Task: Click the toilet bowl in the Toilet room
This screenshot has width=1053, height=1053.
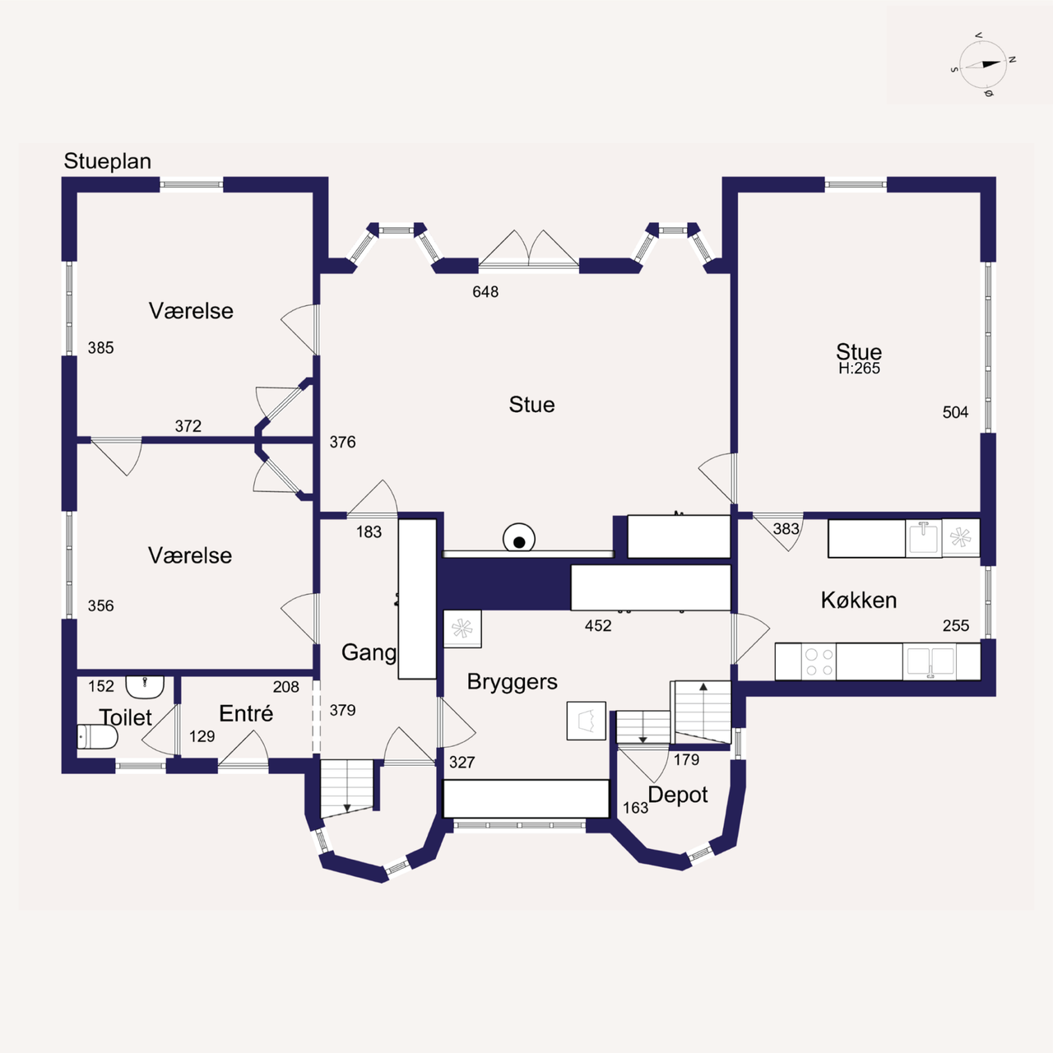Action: [x=97, y=737]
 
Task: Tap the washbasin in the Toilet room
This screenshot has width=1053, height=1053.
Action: [x=145, y=686]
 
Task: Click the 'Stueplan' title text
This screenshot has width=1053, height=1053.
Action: [x=107, y=161]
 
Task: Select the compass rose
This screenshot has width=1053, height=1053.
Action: [x=982, y=65]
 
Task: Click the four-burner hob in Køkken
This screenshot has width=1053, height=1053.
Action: [x=819, y=661]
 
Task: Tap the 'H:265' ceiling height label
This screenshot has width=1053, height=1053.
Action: [x=859, y=369]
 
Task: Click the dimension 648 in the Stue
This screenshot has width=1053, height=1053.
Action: [x=485, y=292]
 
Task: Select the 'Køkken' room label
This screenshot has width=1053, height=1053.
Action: [x=859, y=600]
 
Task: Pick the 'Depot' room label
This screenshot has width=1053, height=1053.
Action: [x=678, y=795]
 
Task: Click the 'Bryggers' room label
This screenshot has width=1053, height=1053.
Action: [x=512, y=682]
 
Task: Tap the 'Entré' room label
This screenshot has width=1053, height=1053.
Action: [x=246, y=714]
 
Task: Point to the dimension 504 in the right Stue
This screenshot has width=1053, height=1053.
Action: [x=955, y=412]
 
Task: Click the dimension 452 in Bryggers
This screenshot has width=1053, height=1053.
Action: [x=598, y=626]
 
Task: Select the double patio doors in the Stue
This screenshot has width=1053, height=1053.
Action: [x=528, y=250]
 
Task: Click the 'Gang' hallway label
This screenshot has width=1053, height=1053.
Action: [x=369, y=653]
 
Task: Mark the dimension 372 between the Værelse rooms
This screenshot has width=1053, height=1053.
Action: [x=188, y=425]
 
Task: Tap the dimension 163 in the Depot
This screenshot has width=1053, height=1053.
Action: [x=636, y=808]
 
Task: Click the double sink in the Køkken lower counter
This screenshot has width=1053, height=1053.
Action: [x=930, y=661]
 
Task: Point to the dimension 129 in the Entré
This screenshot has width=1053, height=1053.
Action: [x=202, y=736]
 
